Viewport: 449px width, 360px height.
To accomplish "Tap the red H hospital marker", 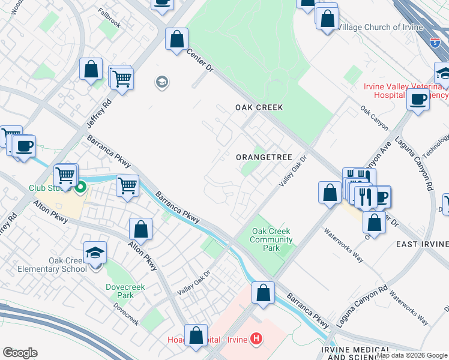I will [256, 340].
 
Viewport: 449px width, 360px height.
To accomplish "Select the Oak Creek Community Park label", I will [271, 239].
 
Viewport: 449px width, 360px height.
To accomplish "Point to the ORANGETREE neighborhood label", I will [264, 157].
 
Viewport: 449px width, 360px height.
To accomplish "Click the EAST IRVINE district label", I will [422, 244].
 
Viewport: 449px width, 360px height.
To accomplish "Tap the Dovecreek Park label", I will [119, 291].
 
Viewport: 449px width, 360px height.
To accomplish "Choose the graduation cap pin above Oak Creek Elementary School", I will [95, 253].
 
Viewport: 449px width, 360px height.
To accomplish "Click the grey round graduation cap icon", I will [161, 82].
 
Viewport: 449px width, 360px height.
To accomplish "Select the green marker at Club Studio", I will [79, 187].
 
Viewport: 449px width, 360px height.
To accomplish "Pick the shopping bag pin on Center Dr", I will [176, 40].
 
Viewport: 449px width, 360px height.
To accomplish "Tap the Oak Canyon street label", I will [374, 119].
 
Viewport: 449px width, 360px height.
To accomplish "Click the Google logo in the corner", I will [20, 353].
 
